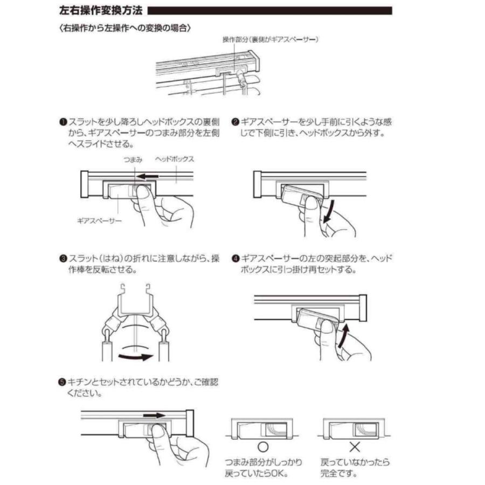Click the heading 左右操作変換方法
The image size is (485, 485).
100,10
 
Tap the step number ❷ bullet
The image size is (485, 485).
235,122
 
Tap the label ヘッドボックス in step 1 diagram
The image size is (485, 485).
174,160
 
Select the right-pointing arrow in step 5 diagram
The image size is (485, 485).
154,415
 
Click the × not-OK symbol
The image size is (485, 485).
354,447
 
